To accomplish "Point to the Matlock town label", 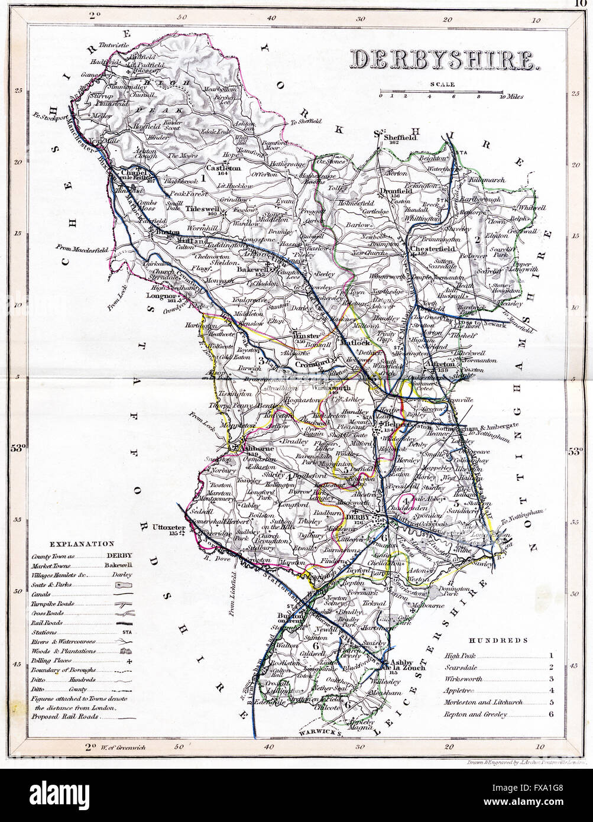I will pyautogui.click(x=353, y=342).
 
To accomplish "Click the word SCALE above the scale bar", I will pyautogui.click(x=442, y=84).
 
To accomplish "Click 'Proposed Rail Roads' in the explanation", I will pyautogui.click(x=65, y=716).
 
